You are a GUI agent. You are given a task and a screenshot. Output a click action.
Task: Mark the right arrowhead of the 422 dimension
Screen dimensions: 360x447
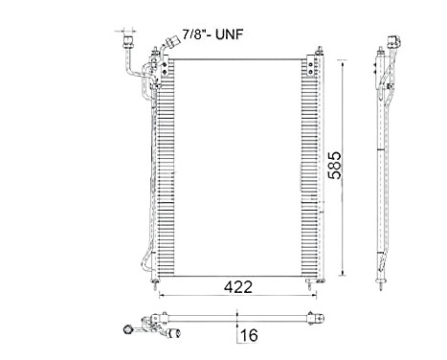pyautogui.click(x=317, y=295)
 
